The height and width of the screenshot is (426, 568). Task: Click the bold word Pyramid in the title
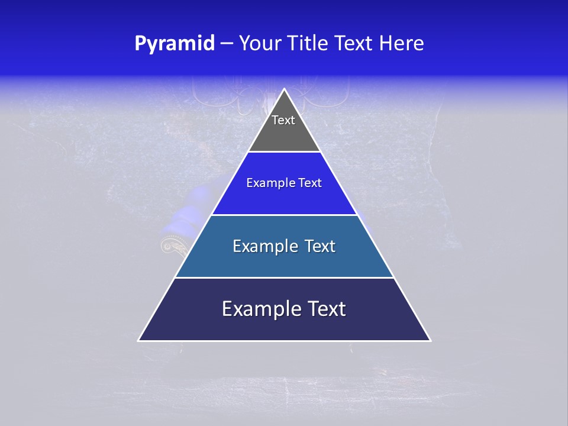point(175,44)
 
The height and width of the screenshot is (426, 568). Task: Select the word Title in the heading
point(308,44)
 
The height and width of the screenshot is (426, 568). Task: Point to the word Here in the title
point(402,44)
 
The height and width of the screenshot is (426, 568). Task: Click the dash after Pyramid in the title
point(227,44)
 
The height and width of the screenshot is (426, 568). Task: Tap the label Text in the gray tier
point(283,120)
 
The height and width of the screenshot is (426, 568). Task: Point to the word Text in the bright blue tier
point(310,183)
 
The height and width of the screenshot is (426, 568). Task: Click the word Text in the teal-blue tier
point(321,246)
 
